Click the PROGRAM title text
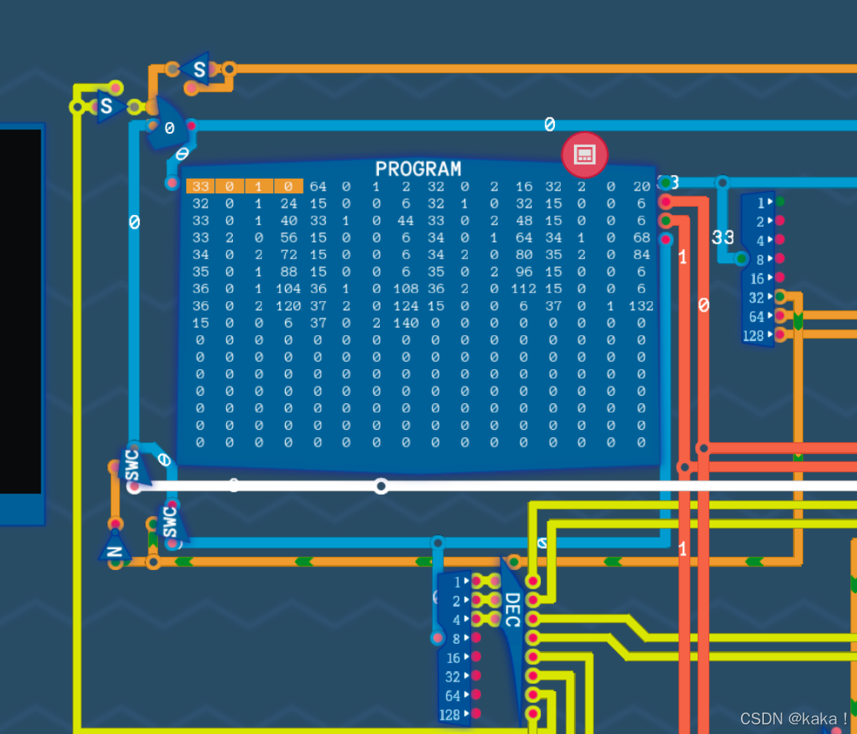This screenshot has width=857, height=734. click(418, 169)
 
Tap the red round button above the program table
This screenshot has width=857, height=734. click(584, 154)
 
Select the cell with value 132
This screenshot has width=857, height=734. click(641, 306)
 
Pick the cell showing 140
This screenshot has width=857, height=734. click(406, 323)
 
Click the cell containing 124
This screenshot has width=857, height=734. click(406, 306)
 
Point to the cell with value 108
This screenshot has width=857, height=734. click(406, 289)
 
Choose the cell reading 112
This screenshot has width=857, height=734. click(523, 289)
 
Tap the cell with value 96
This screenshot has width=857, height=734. click(523, 272)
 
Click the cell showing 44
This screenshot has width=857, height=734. click(406, 221)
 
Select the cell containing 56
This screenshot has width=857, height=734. click(288, 238)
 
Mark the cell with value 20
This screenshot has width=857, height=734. click(641, 186)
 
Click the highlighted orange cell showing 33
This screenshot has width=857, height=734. click(200, 186)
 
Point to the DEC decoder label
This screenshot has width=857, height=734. click(512, 609)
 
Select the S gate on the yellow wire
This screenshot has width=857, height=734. click(106, 107)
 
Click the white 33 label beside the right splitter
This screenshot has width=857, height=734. click(723, 238)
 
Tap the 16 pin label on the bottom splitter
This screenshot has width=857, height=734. click(453, 658)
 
